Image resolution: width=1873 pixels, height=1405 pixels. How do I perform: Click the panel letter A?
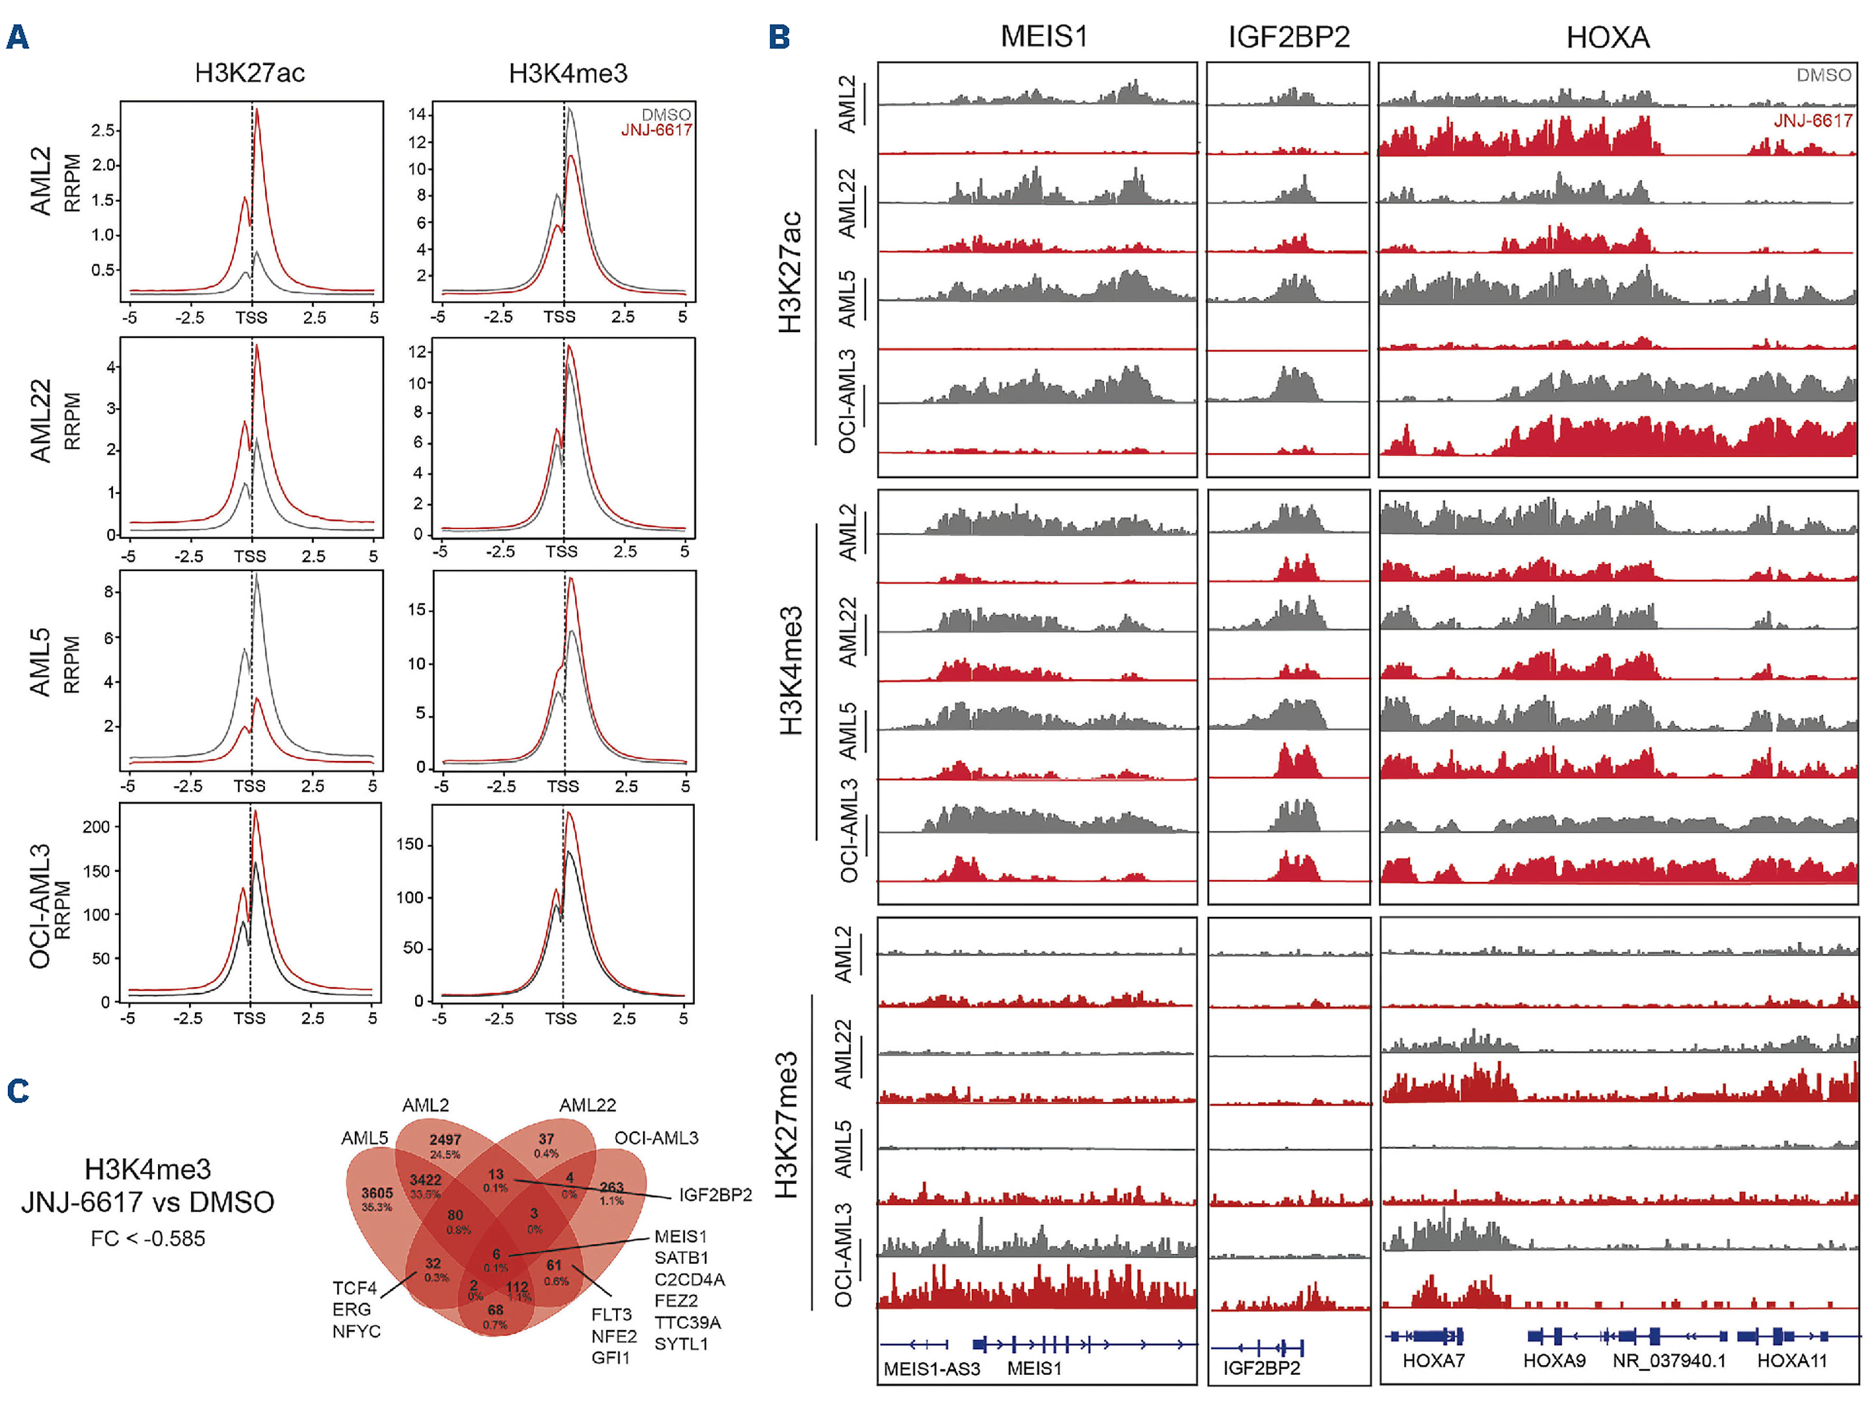(x=18, y=38)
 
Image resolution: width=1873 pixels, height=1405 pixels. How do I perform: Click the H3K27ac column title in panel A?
(x=250, y=74)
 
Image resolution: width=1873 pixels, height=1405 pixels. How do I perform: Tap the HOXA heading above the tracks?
(x=1607, y=38)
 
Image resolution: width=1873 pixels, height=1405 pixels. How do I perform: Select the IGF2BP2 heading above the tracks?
(x=1288, y=38)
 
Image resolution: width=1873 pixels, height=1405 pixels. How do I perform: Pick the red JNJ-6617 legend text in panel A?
(x=656, y=130)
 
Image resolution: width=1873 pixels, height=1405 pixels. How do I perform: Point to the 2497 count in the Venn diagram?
(x=445, y=1140)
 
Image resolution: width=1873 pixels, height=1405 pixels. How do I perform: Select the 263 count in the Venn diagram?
(x=611, y=1187)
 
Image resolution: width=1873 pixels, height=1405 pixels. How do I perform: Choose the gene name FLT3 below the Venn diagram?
(x=611, y=1314)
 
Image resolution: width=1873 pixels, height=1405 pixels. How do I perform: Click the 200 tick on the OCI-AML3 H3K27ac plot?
(x=96, y=827)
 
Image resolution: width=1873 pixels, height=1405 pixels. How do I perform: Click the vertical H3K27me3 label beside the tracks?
(x=786, y=1125)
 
